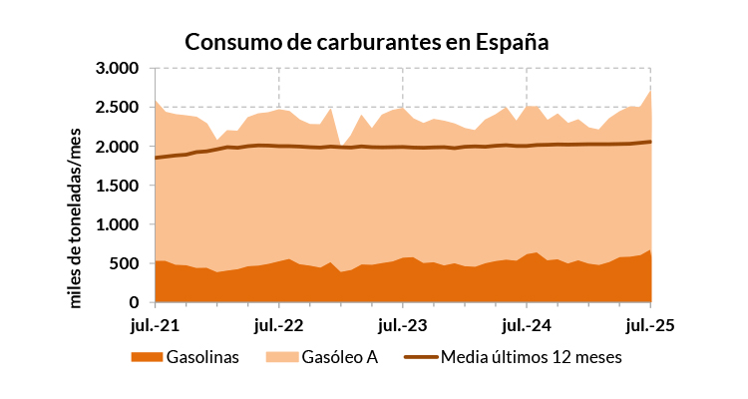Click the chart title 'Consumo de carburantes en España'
pos(367,42)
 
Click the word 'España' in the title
pos(512,43)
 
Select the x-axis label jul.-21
pos(155,324)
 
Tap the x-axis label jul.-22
pos(279,324)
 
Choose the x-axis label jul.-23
pos(403,324)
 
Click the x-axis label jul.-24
pos(527,324)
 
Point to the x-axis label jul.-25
pos(650,324)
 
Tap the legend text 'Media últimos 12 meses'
pos(531,358)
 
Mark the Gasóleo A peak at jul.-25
pos(650,91)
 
